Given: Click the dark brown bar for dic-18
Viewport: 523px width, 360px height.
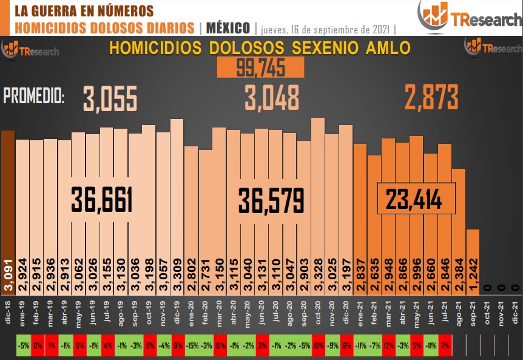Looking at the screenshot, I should [x=8, y=200].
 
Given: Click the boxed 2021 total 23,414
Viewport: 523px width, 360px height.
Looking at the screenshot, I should [x=416, y=198].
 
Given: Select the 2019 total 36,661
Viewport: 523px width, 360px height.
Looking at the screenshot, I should [x=102, y=199].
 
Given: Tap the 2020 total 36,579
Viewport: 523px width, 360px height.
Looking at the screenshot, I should [x=271, y=199].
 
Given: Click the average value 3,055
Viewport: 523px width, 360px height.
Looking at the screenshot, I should [x=110, y=99].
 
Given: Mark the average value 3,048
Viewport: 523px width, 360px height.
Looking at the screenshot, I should [x=272, y=98].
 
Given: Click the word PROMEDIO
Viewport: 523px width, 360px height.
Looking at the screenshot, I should [x=35, y=95].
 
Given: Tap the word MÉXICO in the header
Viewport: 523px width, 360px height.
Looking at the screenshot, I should [x=228, y=28].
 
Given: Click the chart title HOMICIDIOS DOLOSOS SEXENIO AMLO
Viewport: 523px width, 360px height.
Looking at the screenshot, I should [x=260, y=48].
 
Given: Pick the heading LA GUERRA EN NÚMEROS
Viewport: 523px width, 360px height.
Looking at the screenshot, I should [x=83, y=11].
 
